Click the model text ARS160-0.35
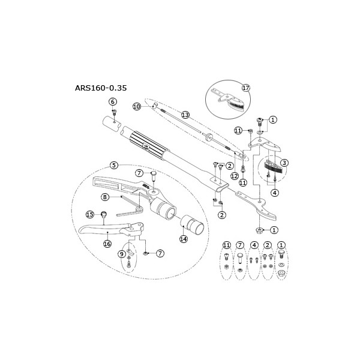pos(101,87)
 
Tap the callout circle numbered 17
pos(245,87)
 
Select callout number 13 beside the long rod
pos(185,114)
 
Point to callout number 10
pos(136,106)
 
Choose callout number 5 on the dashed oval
pos(113,165)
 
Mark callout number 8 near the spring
pos(104,196)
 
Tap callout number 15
pos(90,214)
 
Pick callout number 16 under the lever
pos(107,244)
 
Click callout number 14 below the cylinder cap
pos(184,238)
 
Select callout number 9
pos(122,254)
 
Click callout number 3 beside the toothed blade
pos(285,163)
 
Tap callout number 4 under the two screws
pos(274,193)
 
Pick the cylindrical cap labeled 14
pos(193,227)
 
